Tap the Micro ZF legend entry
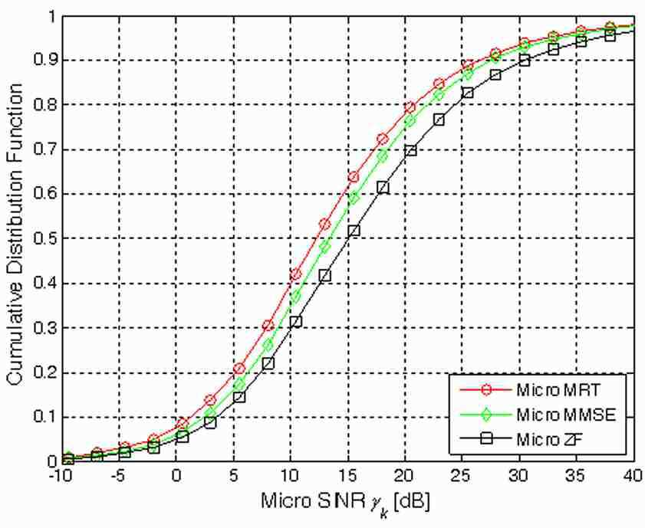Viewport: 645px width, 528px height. [x=522, y=440]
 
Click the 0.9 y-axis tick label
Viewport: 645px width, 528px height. [x=46, y=61]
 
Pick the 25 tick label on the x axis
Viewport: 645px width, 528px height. [x=462, y=477]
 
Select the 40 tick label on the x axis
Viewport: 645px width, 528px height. [x=633, y=477]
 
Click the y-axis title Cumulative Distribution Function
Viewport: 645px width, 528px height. [x=15, y=234]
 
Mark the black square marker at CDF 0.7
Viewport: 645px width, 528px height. [x=410, y=150]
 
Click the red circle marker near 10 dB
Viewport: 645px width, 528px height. [x=296, y=274]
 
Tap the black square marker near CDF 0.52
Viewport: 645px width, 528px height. [x=354, y=231]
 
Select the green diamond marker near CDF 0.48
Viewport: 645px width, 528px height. [x=325, y=248]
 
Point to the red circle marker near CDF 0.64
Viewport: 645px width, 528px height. [x=354, y=177]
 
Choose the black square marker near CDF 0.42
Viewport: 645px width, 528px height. [x=325, y=276]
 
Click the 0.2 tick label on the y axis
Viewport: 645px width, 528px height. [x=46, y=372]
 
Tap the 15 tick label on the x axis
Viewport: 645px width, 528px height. [x=348, y=477]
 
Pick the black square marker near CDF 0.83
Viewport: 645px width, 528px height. [x=467, y=93]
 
